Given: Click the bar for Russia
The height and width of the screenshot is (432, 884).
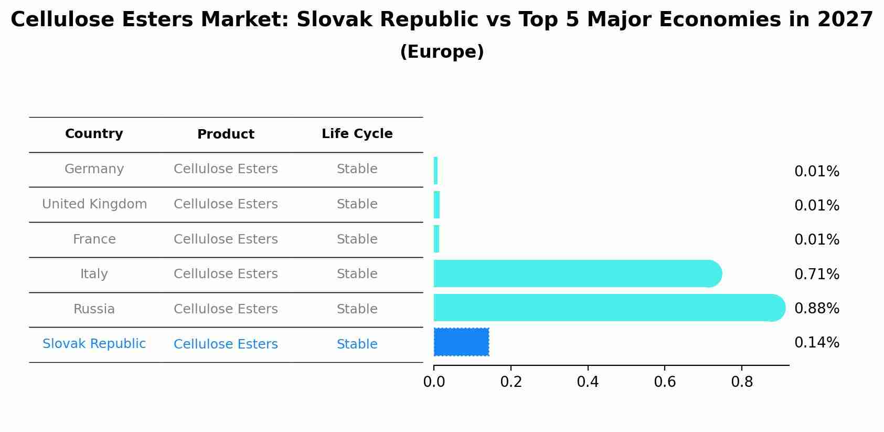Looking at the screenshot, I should pyautogui.click(x=609, y=308).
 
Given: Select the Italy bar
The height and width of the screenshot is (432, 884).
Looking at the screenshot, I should pyautogui.click(x=577, y=273).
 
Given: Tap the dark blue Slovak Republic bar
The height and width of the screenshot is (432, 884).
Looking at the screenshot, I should pyautogui.click(x=461, y=342).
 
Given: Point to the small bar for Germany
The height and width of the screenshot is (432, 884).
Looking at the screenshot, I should pyautogui.click(x=436, y=171).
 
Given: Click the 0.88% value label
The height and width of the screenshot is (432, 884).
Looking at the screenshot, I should pyautogui.click(x=816, y=309).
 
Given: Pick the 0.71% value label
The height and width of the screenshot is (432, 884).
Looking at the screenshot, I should pyautogui.click(x=816, y=274).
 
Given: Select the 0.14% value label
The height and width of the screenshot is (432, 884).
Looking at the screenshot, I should pyautogui.click(x=816, y=343).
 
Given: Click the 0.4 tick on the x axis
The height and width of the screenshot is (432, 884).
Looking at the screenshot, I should pyautogui.click(x=588, y=382).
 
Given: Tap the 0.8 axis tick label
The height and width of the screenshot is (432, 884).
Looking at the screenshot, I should pyautogui.click(x=742, y=382).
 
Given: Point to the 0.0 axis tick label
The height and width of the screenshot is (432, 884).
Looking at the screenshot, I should pyautogui.click(x=434, y=382).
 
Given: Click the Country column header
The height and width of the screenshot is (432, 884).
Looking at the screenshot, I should pyautogui.click(x=94, y=134).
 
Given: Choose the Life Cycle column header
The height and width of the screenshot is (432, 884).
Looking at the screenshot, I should pyautogui.click(x=357, y=134).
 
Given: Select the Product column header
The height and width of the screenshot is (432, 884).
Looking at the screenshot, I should pyautogui.click(x=226, y=134).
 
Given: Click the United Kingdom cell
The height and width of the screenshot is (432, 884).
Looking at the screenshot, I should pyautogui.click(x=94, y=204).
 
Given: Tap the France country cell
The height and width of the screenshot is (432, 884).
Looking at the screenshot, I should pyautogui.click(x=94, y=239).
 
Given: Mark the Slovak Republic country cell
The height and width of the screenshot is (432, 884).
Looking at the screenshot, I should pyautogui.click(x=94, y=344).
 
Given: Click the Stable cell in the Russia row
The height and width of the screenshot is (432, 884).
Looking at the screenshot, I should pyautogui.click(x=357, y=309).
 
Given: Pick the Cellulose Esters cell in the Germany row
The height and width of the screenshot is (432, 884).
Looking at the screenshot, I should pyautogui.click(x=226, y=169).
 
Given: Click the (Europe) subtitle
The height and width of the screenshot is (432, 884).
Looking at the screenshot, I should pyautogui.click(x=442, y=52).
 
